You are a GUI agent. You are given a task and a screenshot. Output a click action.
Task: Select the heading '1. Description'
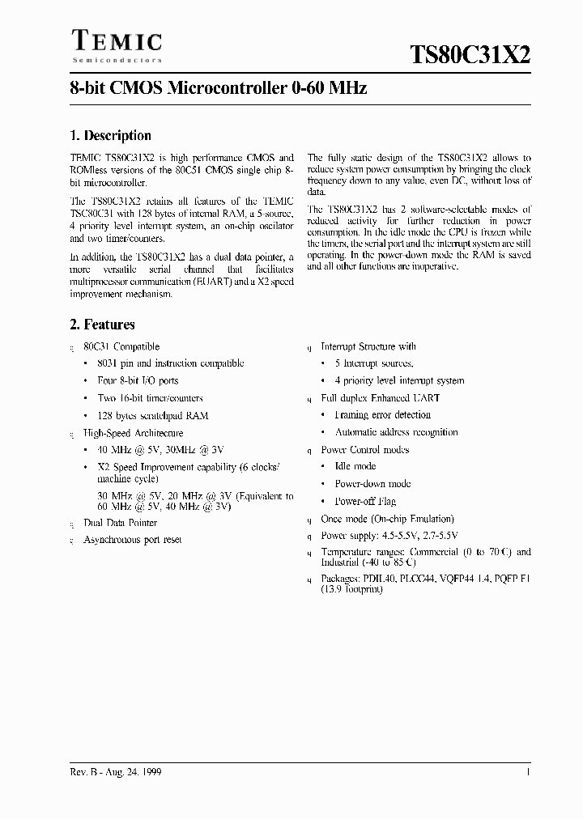tap(110, 136)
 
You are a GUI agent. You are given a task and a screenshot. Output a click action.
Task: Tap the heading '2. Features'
tap(102, 325)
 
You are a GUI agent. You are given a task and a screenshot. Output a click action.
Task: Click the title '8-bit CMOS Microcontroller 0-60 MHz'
tap(219, 88)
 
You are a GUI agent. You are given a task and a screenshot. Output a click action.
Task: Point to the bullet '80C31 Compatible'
tap(121, 346)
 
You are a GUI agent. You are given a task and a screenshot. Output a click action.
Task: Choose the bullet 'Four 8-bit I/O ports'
tap(138, 380)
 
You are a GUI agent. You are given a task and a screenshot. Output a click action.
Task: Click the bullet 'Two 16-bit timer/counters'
tap(150, 398)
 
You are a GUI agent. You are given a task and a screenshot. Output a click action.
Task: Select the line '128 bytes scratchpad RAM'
tap(153, 415)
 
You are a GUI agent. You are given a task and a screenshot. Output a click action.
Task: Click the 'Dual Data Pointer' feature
tap(121, 523)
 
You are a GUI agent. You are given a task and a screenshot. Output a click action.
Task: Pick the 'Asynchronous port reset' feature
tap(133, 540)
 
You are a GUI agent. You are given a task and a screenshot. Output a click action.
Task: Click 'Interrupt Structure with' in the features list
tap(368, 346)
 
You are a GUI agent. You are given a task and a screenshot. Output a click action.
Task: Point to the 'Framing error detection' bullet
tap(383, 415)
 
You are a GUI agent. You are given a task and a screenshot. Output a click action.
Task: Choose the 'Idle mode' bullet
tap(355, 466)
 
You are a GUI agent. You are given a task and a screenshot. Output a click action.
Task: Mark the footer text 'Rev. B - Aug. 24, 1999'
tap(116, 773)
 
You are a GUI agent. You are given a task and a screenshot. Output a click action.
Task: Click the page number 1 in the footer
tap(528, 773)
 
